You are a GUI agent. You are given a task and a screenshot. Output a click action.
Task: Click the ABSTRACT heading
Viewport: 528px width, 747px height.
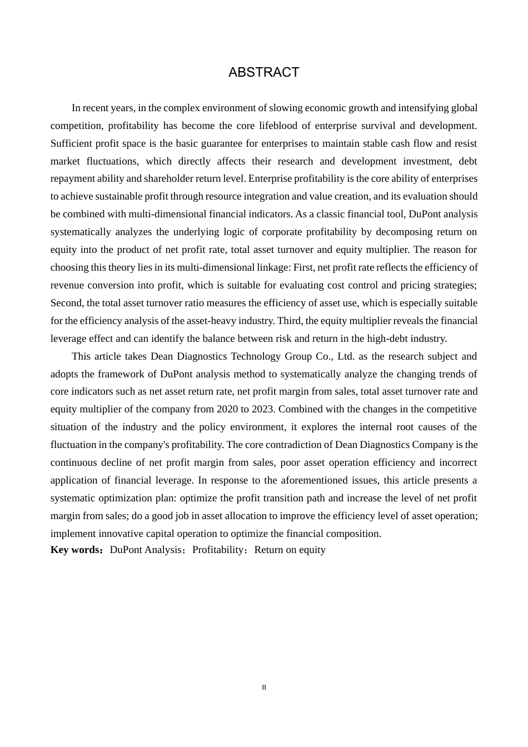point(263,72)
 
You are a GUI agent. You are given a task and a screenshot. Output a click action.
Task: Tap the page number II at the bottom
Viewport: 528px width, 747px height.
point(264,688)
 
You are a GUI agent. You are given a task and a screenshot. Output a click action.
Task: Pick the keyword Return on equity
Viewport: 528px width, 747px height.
point(290,550)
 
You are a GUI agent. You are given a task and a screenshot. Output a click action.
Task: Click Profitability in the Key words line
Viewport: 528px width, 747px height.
point(218,550)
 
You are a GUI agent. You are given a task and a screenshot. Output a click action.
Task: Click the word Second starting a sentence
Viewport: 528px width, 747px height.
point(66,303)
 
